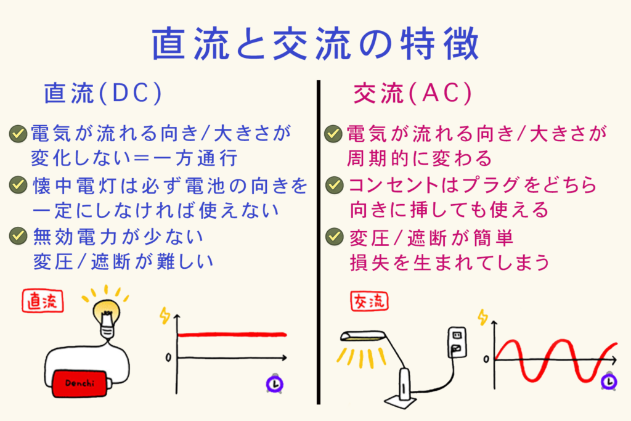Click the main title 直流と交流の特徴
tap(315, 44)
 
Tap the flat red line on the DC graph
tap(232, 335)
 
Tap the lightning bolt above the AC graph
tap(482, 318)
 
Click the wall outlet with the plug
tap(455, 343)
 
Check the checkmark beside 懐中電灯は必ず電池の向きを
tap(18, 184)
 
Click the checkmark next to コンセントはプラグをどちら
tap(335, 184)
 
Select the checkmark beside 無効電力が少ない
tap(18, 235)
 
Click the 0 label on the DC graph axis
tap(168, 358)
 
